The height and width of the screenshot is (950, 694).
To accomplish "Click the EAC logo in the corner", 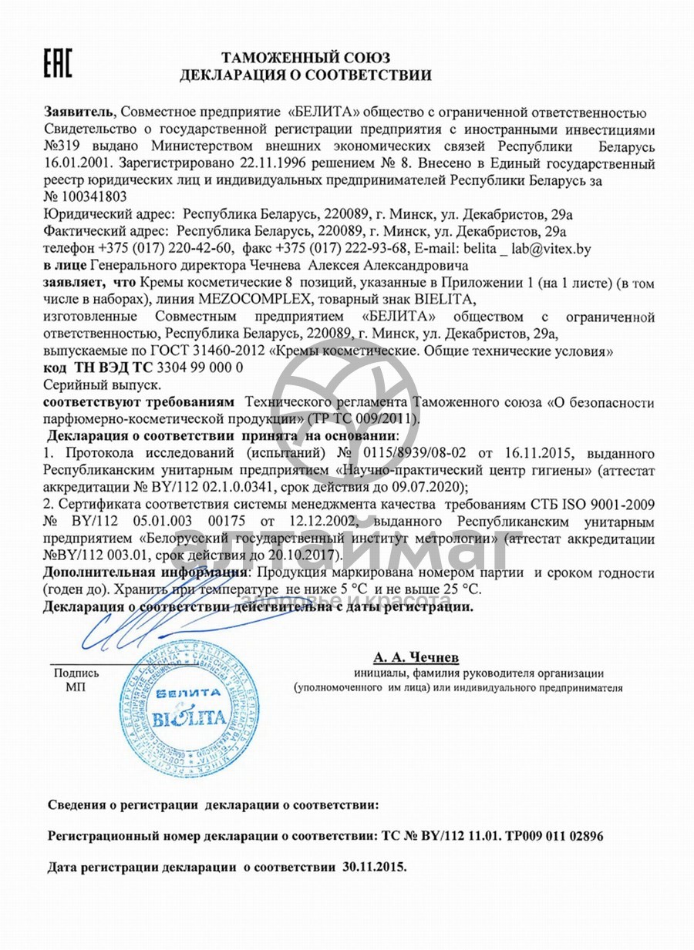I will [58, 62].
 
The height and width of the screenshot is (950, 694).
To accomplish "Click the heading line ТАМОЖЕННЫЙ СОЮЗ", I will [306, 57].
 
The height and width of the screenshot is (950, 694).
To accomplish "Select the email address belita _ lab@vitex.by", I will [525, 247].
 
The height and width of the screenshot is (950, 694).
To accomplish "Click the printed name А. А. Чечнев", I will [416, 657].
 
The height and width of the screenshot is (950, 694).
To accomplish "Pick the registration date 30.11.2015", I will [374, 866].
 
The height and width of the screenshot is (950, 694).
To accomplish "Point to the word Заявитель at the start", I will [79, 112].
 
